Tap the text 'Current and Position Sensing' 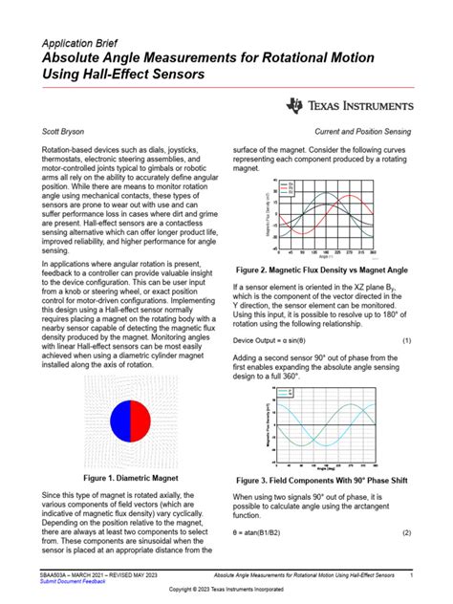click(360, 135)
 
